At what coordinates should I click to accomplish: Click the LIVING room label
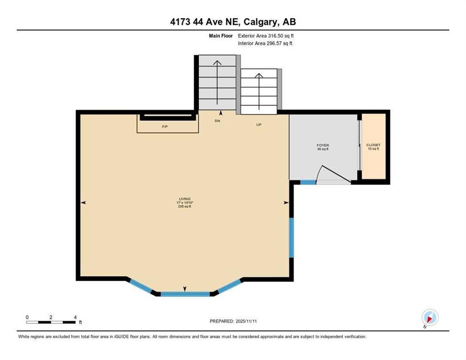(185, 199)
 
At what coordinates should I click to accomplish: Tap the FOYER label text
(323, 145)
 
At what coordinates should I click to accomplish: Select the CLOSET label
(373, 145)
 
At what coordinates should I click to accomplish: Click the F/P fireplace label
(165, 127)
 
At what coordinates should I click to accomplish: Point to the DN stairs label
(217, 120)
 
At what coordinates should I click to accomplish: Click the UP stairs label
(259, 125)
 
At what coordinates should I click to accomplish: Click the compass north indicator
(430, 317)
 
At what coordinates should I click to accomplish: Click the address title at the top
(233, 22)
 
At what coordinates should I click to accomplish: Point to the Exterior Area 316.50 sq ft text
(266, 36)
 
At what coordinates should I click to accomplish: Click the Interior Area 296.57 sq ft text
(265, 44)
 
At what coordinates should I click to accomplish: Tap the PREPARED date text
(233, 321)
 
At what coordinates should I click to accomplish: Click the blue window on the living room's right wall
(292, 238)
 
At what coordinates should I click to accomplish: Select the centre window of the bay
(185, 294)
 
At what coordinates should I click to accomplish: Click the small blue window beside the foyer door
(308, 182)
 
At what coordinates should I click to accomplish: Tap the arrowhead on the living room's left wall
(83, 203)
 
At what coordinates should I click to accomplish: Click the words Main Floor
(221, 36)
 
